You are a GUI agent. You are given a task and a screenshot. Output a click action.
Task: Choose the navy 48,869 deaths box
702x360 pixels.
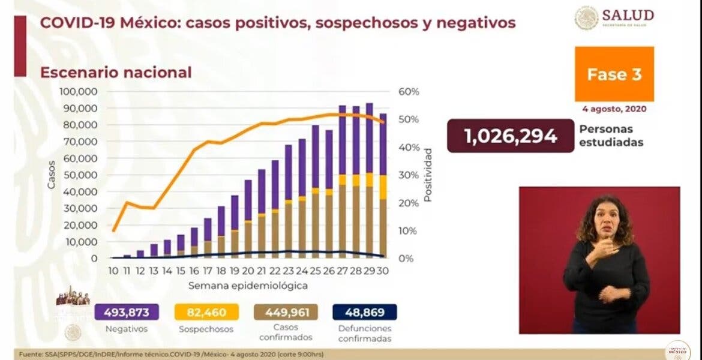click(364, 312)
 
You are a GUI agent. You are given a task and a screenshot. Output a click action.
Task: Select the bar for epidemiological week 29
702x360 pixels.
click(369, 180)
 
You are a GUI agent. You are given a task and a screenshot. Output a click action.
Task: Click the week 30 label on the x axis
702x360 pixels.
click(383, 271)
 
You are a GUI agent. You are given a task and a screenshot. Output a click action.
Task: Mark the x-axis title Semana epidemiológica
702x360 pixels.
click(248, 286)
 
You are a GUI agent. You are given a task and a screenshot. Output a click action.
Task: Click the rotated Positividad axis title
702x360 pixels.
click(427, 174)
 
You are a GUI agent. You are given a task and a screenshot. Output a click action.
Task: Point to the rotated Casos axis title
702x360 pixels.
click(52, 175)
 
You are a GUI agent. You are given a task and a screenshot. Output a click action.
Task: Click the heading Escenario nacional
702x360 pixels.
click(116, 73)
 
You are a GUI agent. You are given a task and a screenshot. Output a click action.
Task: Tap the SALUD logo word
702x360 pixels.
click(628, 14)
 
